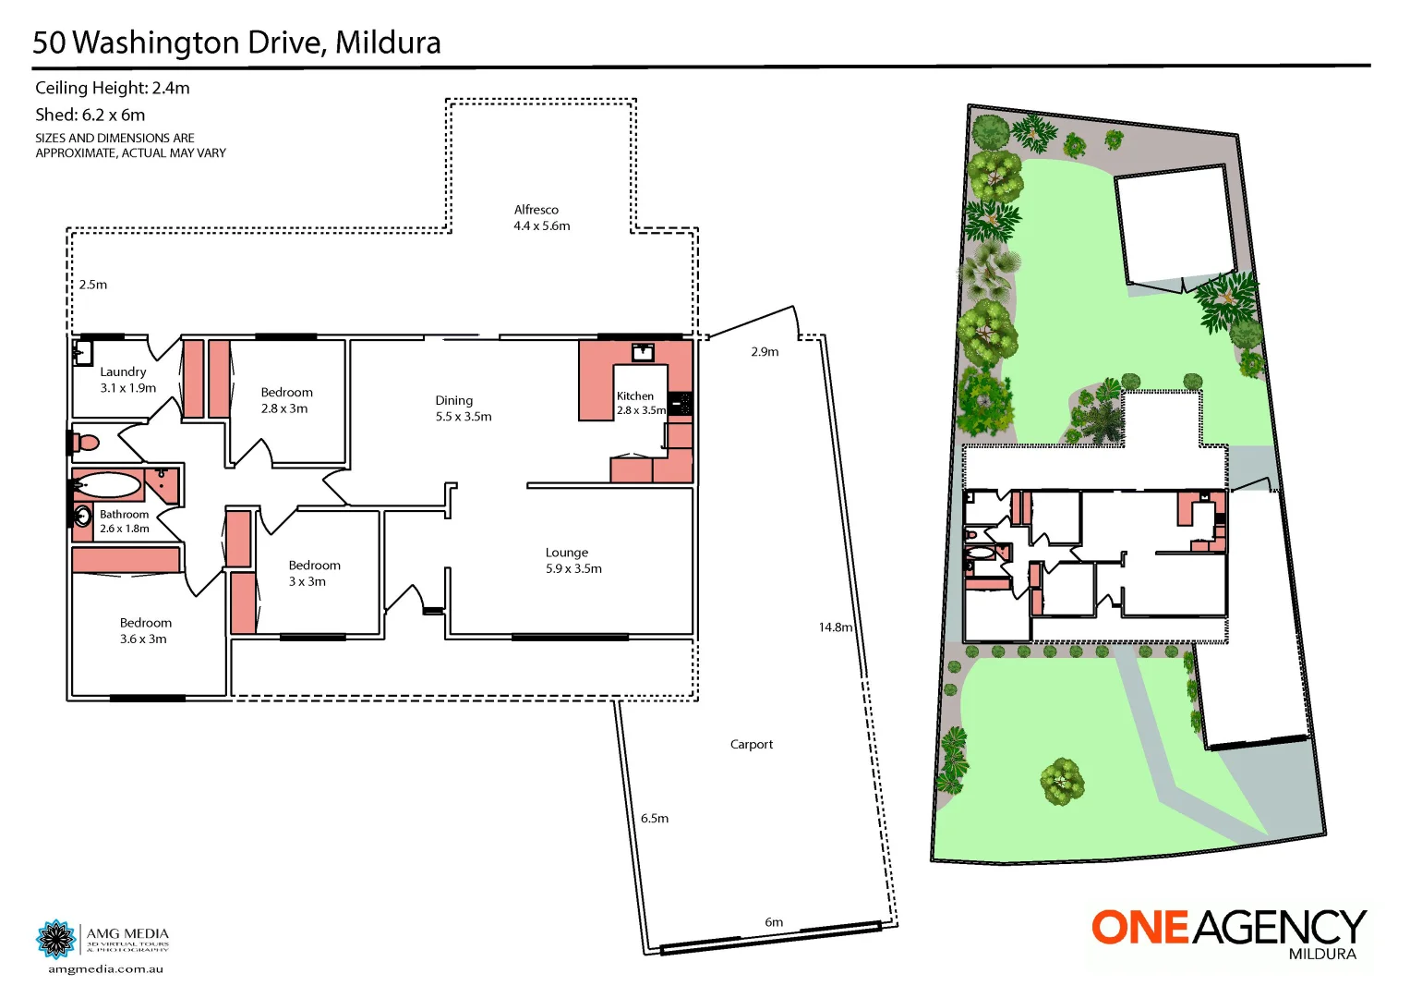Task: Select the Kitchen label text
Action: coord(635,396)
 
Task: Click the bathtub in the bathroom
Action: coord(108,486)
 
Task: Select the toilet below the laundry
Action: coord(85,443)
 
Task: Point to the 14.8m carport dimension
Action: coord(835,627)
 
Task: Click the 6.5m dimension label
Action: coord(655,819)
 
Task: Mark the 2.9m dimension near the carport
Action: coord(765,352)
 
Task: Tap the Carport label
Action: coord(752,745)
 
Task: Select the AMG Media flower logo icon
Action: coord(56,940)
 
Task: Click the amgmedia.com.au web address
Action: coord(105,969)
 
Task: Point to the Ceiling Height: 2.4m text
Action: coord(113,89)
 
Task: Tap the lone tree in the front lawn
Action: coord(1062,781)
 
